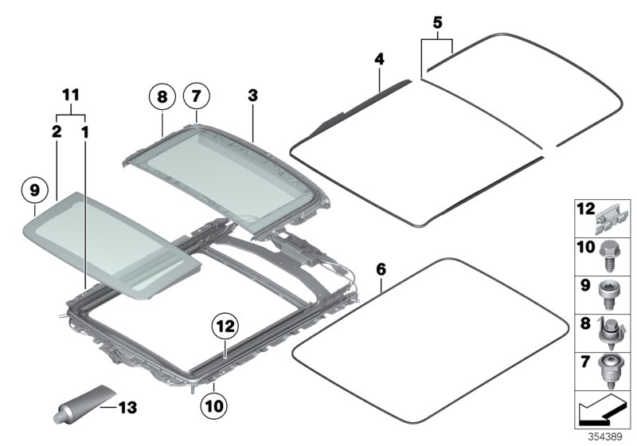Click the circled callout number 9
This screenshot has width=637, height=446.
tap(35, 190)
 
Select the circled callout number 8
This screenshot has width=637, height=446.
tap(162, 97)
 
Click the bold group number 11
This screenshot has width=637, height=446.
tap(72, 95)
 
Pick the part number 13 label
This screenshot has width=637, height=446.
tap(128, 407)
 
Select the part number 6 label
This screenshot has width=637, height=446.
tap(381, 269)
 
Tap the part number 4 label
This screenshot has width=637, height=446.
tap(380, 59)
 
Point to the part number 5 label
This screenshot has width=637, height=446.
tap(437, 23)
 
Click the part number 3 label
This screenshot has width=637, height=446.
tap(252, 95)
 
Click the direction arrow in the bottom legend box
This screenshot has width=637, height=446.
tap(602, 413)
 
